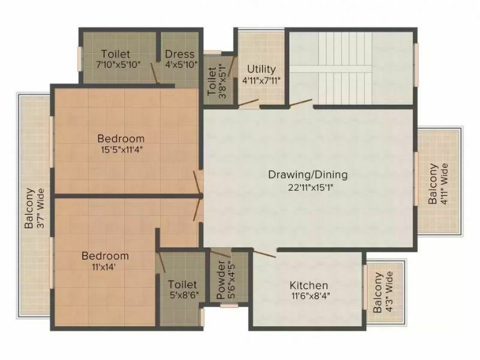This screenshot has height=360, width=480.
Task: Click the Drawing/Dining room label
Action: coord(308,175)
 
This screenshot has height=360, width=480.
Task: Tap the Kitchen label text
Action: coord(309,286)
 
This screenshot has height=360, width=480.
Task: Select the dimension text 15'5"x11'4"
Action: coord(122,150)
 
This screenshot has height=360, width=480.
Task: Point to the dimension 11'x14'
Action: coord(103,267)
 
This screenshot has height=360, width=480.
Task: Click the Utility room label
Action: coord(262,69)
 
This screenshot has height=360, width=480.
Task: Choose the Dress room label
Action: coord(179,54)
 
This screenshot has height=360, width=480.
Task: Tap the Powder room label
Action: coord(221,280)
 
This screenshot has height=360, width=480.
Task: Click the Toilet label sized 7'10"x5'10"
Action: coord(115,54)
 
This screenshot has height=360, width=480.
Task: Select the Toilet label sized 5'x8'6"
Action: coord(182,284)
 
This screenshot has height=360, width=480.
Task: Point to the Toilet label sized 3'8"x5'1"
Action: coord(212,82)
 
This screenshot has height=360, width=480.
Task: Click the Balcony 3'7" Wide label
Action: coord(29,208)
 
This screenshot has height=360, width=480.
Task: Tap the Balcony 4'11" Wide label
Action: coord(433,184)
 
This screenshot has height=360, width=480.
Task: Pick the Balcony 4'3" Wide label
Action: coord(378,292)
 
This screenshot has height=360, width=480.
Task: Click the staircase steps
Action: coord(346,68)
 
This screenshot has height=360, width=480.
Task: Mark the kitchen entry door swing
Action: coord(265,253)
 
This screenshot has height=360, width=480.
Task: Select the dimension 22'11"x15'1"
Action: coord(310,187)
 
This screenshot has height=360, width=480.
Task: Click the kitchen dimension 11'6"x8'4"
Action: coord(311,296)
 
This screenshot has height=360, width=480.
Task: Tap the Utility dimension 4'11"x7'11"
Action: coord(262,81)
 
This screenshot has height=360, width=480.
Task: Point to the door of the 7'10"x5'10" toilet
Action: coord(155,73)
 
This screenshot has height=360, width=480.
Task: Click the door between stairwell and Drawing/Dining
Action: coord(301,103)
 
